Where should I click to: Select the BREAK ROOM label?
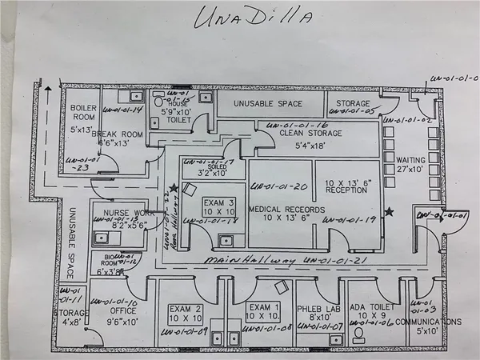coord(117,134)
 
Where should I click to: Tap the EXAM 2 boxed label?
coord(186,312)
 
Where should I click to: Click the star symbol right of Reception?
coord(390,211)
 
